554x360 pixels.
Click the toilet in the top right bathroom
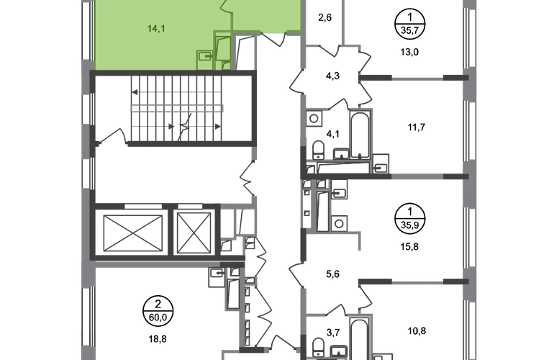tap(318, 149)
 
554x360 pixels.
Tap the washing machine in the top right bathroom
tap(314, 118)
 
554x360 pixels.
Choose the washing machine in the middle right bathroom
tap(340, 222)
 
